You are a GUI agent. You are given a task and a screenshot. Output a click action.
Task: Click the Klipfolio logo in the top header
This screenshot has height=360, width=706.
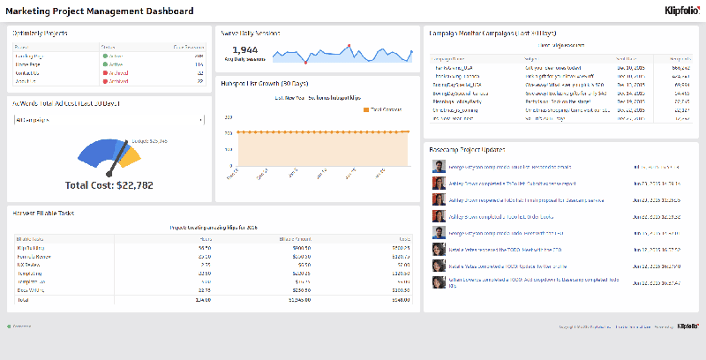682,11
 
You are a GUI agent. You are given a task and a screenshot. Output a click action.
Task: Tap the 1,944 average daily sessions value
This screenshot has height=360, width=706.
245,50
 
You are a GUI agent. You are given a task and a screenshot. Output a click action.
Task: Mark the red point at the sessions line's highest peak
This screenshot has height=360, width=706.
349,46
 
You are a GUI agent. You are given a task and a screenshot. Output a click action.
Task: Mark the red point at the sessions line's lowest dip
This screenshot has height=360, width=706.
306,63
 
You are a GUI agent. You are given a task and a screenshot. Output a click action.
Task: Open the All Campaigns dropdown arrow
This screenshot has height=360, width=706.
201,120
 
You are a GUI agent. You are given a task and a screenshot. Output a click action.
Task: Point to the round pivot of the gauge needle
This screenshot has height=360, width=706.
109,174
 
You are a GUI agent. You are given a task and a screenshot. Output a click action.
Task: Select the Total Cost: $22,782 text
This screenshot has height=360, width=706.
109,185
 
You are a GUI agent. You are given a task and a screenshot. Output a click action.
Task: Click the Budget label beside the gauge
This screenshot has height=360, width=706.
149,141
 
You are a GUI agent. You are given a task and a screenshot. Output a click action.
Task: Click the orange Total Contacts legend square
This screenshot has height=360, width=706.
366,110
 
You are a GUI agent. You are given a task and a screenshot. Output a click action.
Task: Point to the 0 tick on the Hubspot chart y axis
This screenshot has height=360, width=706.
231,166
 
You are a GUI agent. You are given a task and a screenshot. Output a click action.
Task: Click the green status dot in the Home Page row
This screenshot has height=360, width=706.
105,64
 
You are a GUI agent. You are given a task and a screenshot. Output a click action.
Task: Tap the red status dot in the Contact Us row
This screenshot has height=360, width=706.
105,73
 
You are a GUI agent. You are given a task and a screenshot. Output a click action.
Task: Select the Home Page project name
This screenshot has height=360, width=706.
28,64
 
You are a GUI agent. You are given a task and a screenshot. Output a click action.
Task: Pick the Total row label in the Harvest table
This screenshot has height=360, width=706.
23,300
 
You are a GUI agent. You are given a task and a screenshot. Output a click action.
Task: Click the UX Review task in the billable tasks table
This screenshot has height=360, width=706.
29,265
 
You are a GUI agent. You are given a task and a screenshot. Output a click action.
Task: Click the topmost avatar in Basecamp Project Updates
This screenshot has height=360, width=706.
439,167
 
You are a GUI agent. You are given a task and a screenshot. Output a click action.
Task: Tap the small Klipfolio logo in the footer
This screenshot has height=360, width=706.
688,326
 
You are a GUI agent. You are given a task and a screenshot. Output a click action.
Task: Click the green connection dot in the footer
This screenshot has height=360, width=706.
9,326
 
